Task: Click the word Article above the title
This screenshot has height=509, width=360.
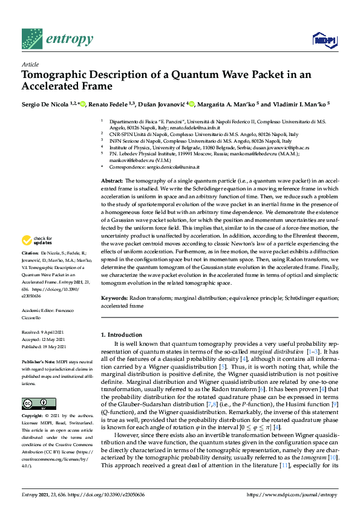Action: coord(30,64)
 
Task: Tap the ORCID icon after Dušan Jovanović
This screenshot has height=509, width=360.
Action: coord(192,104)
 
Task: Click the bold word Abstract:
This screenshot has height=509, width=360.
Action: coord(112,181)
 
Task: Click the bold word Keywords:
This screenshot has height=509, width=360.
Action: coord(114,299)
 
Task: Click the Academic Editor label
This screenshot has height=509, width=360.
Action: coord(38,309)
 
